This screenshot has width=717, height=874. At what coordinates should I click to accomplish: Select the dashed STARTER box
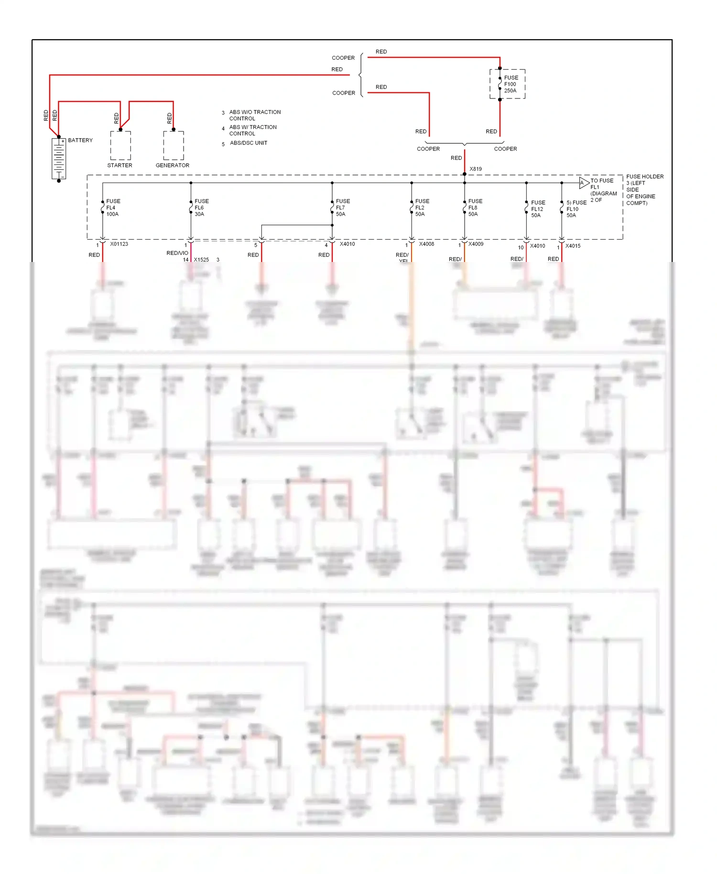coord(120,145)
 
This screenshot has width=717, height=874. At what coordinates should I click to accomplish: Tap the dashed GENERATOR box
coord(174,145)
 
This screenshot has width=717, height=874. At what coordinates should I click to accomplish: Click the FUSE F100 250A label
coord(511,84)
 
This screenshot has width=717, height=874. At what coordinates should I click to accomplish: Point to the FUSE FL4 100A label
coord(113,208)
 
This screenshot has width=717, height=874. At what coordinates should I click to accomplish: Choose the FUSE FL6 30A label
coord(201,208)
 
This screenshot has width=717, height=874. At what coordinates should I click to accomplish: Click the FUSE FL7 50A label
coord(342,208)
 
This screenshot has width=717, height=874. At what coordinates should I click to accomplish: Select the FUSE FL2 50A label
coord(422,208)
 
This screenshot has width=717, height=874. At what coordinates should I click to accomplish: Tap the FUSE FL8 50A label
coord(475,208)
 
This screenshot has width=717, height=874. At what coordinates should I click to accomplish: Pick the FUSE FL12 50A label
coord(538,209)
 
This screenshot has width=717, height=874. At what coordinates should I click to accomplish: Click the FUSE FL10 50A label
coord(576,209)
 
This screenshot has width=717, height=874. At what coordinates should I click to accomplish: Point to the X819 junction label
coord(476,169)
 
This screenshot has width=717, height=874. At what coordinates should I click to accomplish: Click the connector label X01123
coord(119,244)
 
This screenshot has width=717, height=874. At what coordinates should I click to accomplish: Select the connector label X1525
coord(201,260)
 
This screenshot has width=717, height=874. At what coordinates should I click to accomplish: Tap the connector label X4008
coord(426,244)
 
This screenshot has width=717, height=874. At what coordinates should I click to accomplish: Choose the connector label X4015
coord(573,246)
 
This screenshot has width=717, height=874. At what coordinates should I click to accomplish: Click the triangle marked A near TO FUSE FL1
coord(583,183)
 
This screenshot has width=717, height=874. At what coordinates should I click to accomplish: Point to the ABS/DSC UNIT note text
coord(248,143)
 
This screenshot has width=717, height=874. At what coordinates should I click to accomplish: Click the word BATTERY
coord(80,140)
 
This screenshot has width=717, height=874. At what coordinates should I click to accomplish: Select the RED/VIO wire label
coord(177,253)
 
